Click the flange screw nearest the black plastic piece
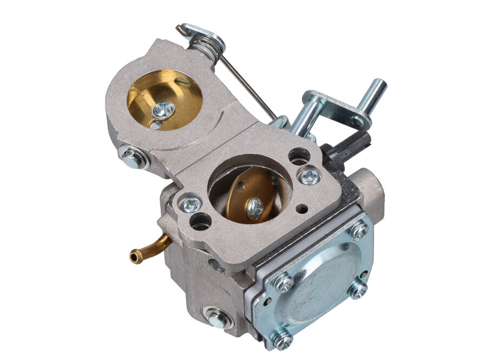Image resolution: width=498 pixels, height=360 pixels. [x=310, y=175]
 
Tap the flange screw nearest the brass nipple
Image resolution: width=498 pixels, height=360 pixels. [x=191, y=204]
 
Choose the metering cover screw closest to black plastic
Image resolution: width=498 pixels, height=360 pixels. [x=358, y=230]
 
